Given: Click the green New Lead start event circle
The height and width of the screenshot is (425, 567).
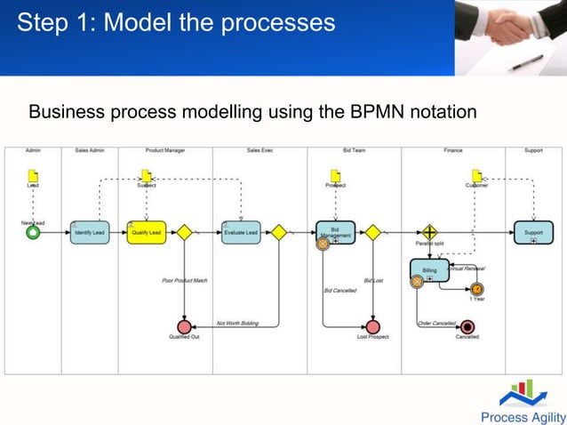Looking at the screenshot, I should [x=33, y=232].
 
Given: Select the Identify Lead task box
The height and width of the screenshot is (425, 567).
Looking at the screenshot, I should [x=90, y=232].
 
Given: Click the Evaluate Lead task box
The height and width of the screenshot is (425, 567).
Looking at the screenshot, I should [x=241, y=232].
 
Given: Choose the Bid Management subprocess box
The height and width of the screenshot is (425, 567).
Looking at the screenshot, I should [x=335, y=232].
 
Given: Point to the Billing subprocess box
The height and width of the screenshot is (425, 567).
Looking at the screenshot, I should [x=430, y=269].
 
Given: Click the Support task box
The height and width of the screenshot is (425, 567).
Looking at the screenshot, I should [x=533, y=232].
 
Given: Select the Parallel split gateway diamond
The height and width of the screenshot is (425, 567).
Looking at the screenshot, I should [x=430, y=232].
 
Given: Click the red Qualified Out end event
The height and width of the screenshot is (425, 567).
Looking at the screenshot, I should [x=185, y=326].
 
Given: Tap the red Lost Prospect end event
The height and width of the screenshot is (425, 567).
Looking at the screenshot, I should [x=373, y=326].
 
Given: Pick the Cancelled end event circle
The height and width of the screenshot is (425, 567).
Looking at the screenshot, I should [x=467, y=326].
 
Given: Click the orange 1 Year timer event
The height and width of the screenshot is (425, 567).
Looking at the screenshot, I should [x=477, y=288].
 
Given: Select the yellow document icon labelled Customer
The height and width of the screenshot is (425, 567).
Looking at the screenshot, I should [x=477, y=176].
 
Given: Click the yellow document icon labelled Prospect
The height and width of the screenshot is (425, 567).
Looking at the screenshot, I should [x=335, y=176].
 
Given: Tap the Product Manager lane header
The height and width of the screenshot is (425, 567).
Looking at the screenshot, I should [x=165, y=150].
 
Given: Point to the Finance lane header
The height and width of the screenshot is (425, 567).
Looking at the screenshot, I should [x=453, y=150].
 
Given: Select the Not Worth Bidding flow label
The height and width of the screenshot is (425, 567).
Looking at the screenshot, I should [x=237, y=323].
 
